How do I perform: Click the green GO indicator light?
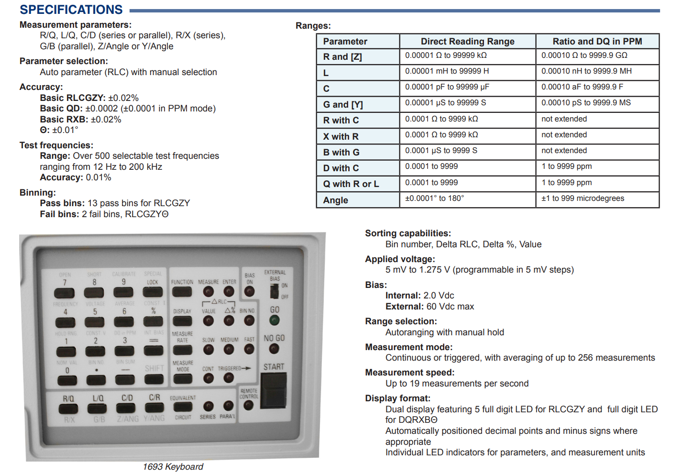click(x=274, y=320)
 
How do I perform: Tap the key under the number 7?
click(x=65, y=293)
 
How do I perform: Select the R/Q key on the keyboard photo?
click(x=68, y=409)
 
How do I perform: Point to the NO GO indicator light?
click(x=274, y=349)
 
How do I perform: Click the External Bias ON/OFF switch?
click(x=275, y=291)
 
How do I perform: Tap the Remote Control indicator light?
click(x=248, y=406)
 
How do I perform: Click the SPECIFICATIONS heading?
click(x=71, y=10)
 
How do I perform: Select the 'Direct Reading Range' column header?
click(x=467, y=42)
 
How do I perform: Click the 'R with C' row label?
click(x=341, y=121)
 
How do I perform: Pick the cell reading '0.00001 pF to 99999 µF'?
click(x=447, y=87)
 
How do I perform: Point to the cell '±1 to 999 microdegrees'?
click(x=582, y=198)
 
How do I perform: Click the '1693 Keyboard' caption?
click(x=173, y=467)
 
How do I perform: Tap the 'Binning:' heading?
click(x=38, y=193)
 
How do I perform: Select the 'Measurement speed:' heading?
click(x=409, y=373)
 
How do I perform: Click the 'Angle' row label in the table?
click(x=335, y=200)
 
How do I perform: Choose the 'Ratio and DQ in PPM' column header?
click(x=597, y=42)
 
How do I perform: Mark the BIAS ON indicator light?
click(x=250, y=291)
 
